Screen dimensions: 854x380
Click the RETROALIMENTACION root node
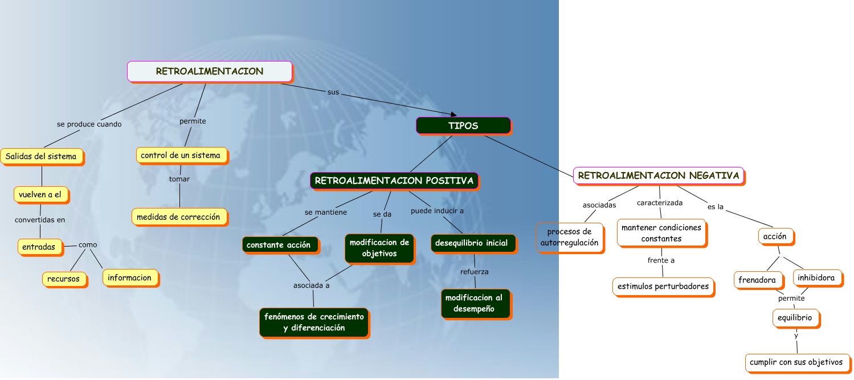coord(210,71)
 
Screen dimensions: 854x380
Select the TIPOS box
coord(463,125)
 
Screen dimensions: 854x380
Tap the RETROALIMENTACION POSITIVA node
coord(394,181)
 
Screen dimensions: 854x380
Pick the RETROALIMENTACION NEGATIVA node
coord(659,175)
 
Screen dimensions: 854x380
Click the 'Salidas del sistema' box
coord(41,156)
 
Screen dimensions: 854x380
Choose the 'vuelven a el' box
coord(40,194)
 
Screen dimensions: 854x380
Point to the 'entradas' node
coord(39,247)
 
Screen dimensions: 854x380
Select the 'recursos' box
coord(64,279)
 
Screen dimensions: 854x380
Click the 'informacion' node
coord(129,277)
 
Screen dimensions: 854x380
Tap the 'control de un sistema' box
coord(181,155)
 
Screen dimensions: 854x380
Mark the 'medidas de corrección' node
coord(179,216)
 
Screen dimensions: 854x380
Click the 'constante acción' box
coord(279,244)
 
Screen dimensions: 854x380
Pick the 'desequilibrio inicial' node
coord(472,243)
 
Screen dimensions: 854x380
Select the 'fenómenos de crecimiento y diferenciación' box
coord(314,322)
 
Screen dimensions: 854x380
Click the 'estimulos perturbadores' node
coord(663,286)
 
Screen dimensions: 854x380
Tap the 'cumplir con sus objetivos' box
coord(796,362)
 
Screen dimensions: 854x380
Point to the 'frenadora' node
coord(757,280)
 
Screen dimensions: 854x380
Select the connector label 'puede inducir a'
coord(437,210)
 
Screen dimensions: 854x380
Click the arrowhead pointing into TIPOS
coord(453,115)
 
